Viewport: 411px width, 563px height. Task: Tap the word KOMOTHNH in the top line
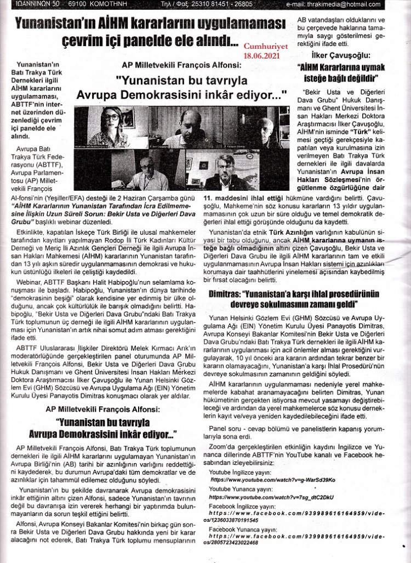click(x=91, y=4)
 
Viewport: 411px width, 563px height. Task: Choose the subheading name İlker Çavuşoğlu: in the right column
click(x=340, y=55)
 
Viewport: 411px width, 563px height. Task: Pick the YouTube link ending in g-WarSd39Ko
click(x=269, y=479)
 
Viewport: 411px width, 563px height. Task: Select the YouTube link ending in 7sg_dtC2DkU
click(x=269, y=497)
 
